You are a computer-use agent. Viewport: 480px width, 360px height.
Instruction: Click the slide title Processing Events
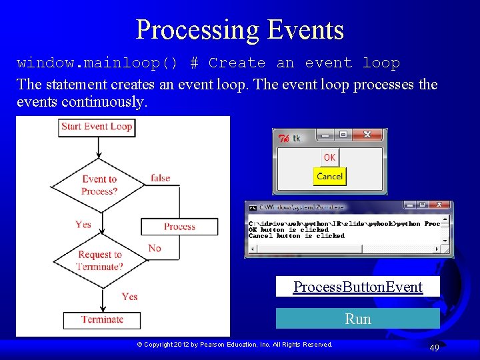point(240,30)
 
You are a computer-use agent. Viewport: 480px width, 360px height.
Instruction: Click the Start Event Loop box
point(97,127)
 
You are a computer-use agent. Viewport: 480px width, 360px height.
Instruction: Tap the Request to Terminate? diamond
point(99,260)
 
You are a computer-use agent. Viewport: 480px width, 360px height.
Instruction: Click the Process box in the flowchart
point(179,227)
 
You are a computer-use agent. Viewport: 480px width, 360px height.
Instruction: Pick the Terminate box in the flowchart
point(102,319)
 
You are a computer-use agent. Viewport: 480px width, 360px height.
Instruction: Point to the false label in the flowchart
point(160,178)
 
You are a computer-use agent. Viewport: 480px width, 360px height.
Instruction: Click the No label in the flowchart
point(155,248)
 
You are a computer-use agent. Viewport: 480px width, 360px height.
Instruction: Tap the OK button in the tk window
point(329,157)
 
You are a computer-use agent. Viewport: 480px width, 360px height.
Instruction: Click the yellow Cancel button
point(329,177)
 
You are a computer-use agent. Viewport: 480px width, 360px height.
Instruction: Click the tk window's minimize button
point(325,135)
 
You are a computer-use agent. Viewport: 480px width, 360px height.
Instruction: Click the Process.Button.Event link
point(358,287)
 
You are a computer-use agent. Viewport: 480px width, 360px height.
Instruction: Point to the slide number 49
point(434,348)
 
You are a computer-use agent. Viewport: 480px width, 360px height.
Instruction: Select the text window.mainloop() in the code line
point(97,63)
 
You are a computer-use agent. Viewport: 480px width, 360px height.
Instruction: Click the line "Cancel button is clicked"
point(297,236)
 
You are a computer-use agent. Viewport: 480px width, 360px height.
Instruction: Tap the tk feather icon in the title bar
point(283,139)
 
